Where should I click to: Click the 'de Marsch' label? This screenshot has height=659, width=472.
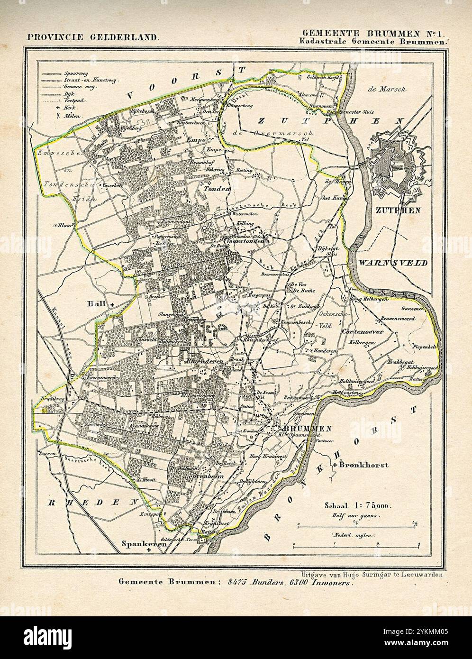387,90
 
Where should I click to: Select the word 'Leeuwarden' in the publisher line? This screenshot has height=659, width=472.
418,575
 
